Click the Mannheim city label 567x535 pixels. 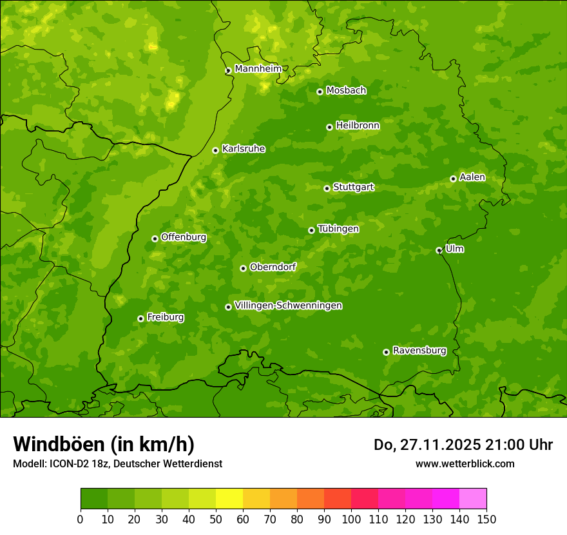258,69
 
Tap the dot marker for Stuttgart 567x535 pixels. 327,188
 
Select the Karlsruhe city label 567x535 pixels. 244,149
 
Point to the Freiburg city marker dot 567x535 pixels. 140,318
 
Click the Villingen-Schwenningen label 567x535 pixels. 288,306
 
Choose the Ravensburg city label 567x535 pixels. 419,351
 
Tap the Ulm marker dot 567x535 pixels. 439,250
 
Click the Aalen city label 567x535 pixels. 472,177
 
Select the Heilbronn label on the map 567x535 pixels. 358,126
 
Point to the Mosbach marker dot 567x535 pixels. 320,92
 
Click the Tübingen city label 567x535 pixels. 338,229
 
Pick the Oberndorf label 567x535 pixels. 273,267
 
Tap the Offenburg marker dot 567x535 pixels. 155,238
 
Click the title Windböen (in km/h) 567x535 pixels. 104,444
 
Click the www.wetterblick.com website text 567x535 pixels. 465,463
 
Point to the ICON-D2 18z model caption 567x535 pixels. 117,463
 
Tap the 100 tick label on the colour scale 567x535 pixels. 351,519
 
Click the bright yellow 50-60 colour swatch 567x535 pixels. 229,499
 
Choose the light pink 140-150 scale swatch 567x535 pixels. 473,499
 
